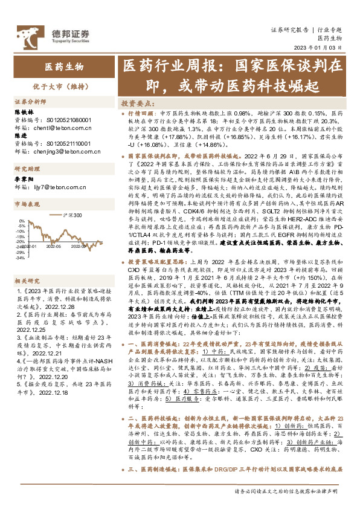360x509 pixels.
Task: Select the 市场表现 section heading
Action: point(26,204)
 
